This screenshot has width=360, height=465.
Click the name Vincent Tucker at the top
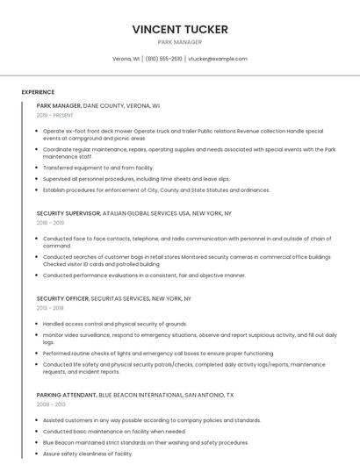point(180,29)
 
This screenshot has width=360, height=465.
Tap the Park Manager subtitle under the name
point(180,42)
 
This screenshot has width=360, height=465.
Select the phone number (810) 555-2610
point(164,59)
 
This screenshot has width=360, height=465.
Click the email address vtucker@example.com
point(218,59)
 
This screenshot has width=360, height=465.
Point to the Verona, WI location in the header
point(126,59)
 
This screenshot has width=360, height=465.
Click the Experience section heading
point(38,92)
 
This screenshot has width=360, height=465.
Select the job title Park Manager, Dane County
point(98,105)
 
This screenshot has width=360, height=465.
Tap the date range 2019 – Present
point(55,115)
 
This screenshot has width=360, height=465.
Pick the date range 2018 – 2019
point(50,223)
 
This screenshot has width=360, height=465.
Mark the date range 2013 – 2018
point(50,308)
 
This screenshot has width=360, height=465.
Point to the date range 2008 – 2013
point(51,404)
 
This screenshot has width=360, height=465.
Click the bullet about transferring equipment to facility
point(98,168)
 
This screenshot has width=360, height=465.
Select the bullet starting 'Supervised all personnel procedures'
point(136,178)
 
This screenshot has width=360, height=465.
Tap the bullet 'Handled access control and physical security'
point(115,324)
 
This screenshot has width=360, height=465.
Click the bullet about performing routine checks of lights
point(146,353)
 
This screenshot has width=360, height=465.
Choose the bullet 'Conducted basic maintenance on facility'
point(114,431)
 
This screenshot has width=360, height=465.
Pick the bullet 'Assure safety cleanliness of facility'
point(88,454)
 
